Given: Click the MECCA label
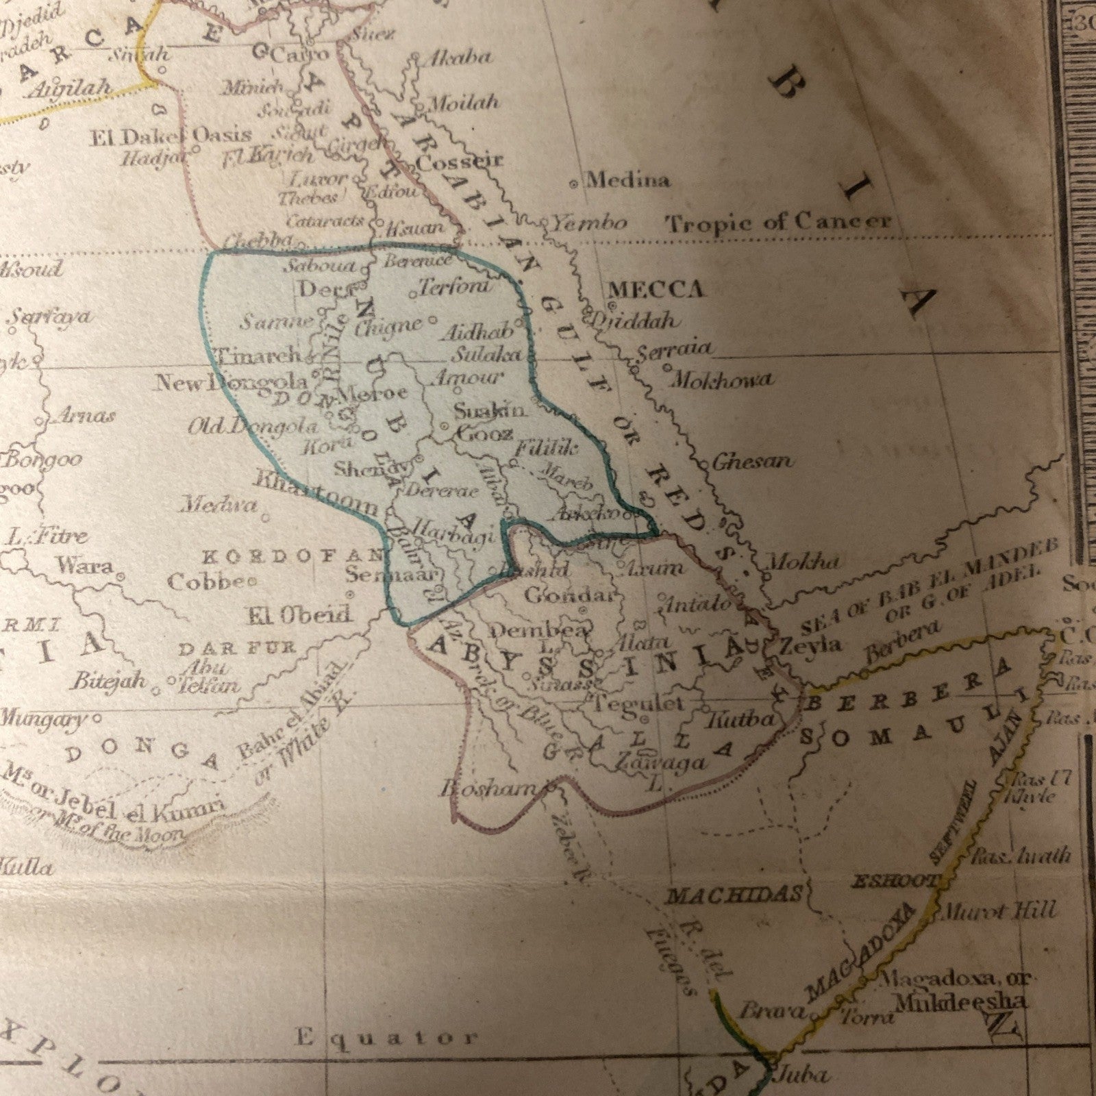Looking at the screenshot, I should point(656,290).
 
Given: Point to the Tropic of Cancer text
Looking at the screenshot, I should point(779,223).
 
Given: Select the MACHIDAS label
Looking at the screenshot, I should point(734,895).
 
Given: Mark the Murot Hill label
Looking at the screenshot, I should point(1000,912).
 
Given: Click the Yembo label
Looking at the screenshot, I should point(590,223).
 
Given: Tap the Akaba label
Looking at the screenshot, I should point(459,58).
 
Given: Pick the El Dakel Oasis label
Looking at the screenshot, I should point(171,136).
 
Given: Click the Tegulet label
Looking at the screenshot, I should point(638,703).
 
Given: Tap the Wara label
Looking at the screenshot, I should point(86,566).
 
